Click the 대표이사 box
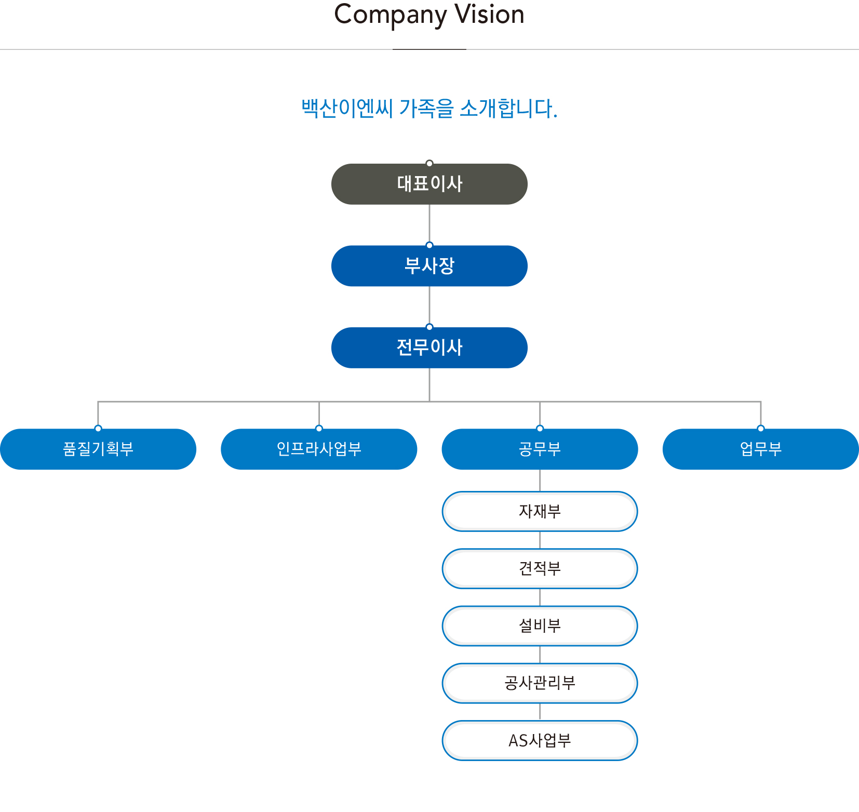pos(429,184)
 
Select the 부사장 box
pos(429,266)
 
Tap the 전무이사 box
pos(429,348)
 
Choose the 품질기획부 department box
pos(98,449)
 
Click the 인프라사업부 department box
pos(319,449)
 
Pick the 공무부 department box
pos(540,449)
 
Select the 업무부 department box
pos(760,449)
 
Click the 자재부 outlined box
pos(540,511)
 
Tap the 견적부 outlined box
pos(540,568)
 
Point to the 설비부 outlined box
pos(540,625)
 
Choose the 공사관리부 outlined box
pos(540,683)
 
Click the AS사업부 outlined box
pos(540,740)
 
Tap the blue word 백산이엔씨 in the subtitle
pos(347,109)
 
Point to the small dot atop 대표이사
pos(429,163)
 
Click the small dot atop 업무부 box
pos(761,429)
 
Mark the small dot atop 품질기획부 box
pos(98,429)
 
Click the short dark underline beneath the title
pos(429,49)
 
